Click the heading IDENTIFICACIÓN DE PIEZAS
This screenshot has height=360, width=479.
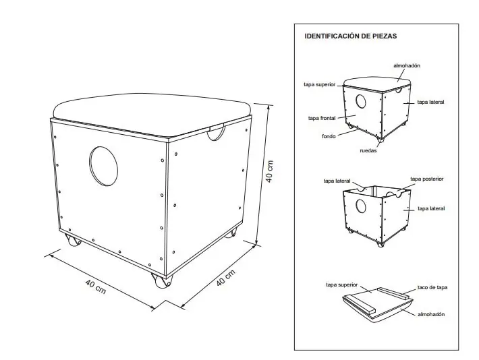[x=350, y=36]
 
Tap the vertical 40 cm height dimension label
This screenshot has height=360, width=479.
[x=269, y=171]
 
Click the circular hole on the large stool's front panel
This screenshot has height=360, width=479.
[x=104, y=166]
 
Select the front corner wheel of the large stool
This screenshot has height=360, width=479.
[x=162, y=280]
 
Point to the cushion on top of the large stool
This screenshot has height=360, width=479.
[x=152, y=113]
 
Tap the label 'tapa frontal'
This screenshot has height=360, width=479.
[x=322, y=118]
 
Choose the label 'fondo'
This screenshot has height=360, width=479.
[x=329, y=136]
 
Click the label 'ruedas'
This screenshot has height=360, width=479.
[x=368, y=150]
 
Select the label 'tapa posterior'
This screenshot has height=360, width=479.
[x=427, y=179]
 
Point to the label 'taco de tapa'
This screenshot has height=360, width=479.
[x=432, y=287]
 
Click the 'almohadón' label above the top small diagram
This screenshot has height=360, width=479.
[x=407, y=65]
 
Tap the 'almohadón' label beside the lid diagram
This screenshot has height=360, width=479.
[x=431, y=314]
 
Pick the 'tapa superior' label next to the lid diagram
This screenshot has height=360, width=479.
[x=341, y=285]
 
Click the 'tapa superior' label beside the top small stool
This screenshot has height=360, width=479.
[x=320, y=84]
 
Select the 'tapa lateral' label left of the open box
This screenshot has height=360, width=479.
[x=337, y=181]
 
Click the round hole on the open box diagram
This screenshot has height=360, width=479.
[x=361, y=206]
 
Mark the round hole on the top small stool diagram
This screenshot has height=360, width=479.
[x=361, y=101]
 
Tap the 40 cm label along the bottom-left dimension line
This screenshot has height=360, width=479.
[x=96, y=287]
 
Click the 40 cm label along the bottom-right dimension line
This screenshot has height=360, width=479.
[x=226, y=278]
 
